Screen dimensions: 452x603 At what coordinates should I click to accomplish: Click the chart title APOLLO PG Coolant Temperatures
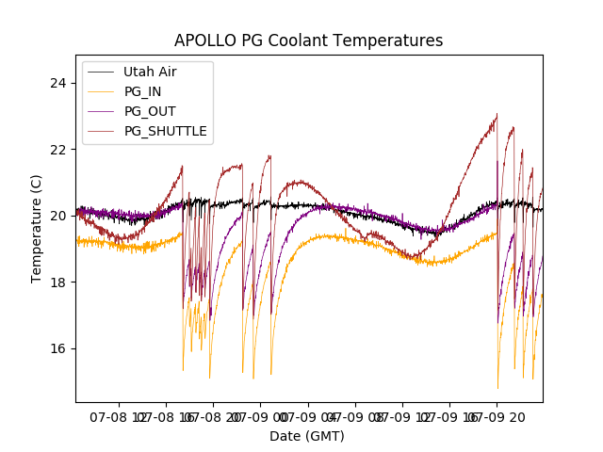coord(308,40)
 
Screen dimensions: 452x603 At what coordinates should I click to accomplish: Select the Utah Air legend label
coord(149,72)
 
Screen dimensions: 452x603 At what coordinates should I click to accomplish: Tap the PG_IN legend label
coord(143,91)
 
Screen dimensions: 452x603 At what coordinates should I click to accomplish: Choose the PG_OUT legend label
coord(149,111)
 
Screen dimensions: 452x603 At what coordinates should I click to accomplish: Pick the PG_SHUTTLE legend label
coord(165,131)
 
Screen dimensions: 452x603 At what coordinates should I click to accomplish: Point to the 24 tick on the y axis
coord(59,83)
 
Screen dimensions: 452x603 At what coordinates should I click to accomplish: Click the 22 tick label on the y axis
coord(59,149)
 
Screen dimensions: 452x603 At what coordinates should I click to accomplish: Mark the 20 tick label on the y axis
coord(59,216)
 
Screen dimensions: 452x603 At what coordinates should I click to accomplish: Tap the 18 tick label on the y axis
coord(59,282)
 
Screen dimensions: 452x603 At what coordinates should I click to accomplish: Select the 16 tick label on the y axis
coord(59,348)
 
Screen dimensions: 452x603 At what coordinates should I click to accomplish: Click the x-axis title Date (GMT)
coord(307,436)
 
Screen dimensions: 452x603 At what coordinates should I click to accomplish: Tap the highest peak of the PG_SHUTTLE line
coord(497,114)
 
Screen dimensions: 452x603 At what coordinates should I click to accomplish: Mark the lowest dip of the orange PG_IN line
coord(497,388)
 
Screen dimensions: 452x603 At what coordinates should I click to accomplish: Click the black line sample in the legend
coord(101,72)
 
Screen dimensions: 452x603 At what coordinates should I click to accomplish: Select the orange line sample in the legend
coord(101,91)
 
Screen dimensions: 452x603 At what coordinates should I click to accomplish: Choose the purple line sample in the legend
coord(101,111)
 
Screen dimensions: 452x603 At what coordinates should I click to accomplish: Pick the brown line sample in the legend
coord(101,131)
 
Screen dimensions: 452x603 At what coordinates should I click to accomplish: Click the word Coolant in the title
coord(301,40)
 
